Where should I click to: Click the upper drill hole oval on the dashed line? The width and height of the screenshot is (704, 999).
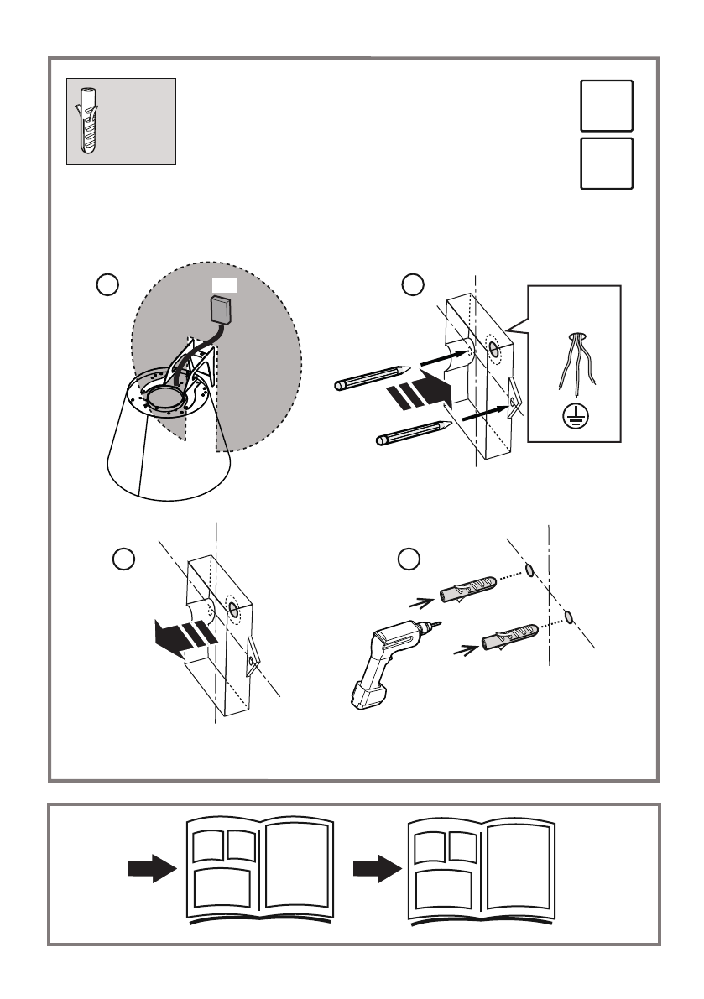(x=530, y=571)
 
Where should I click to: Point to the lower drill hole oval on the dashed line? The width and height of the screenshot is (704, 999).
(x=570, y=618)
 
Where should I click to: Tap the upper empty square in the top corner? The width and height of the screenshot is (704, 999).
(x=605, y=106)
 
